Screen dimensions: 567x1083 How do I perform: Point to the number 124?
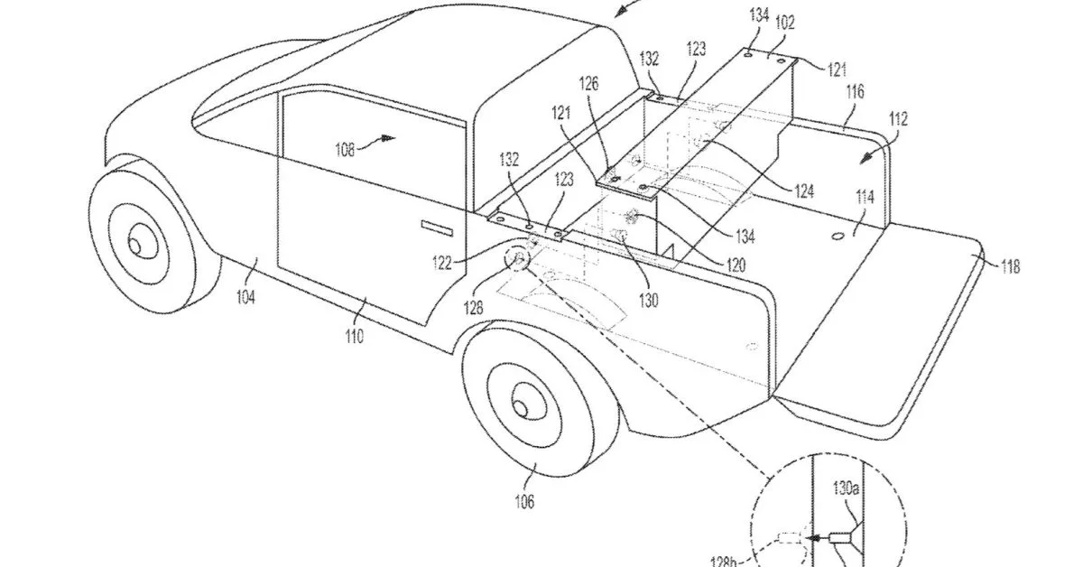pos(804,191)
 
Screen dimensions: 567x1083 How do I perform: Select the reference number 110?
pos(353,337)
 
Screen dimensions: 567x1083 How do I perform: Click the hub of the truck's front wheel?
pos(137,244)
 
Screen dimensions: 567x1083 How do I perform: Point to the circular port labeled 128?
pos(520,260)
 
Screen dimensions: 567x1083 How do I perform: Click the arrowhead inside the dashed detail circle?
pos(818,538)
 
